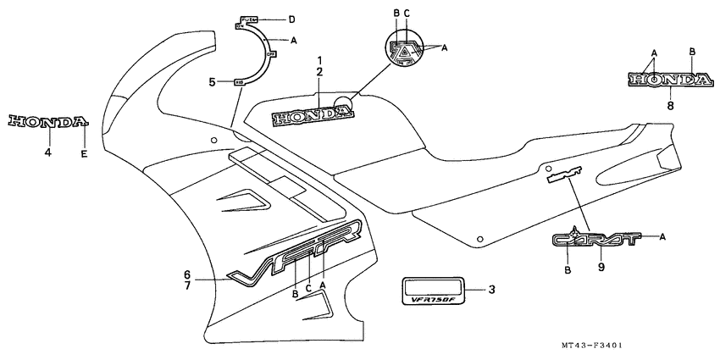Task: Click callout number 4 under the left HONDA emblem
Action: [x=48, y=152]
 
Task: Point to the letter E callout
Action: [x=84, y=152]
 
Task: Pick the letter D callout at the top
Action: [x=291, y=19]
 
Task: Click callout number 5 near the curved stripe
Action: [x=213, y=82]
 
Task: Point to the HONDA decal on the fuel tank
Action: [x=303, y=116]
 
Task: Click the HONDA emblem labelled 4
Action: [x=47, y=122]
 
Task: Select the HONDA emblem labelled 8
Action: [x=669, y=80]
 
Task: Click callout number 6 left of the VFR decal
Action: [x=188, y=274]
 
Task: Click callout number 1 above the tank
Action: [x=319, y=60]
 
